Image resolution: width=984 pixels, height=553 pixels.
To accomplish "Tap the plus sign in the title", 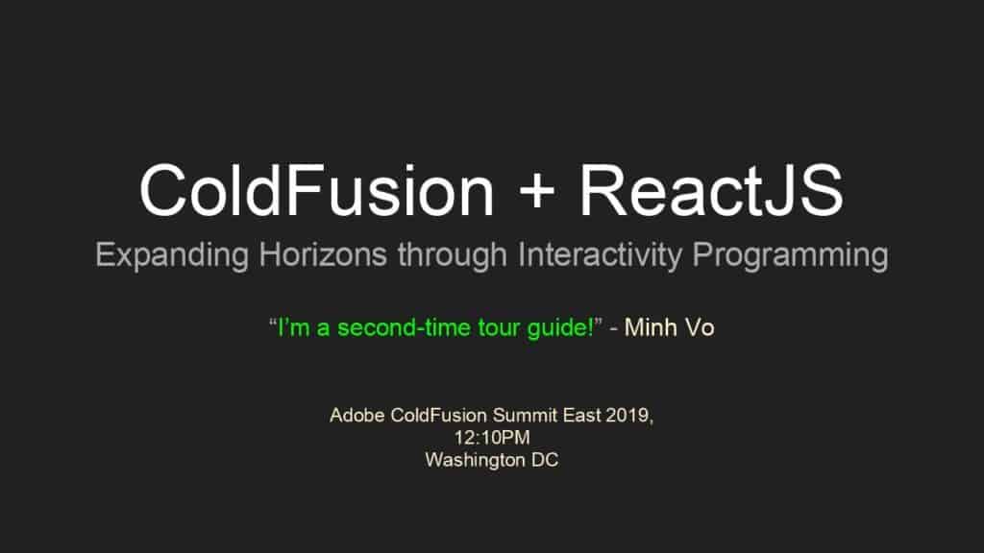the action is (x=537, y=191).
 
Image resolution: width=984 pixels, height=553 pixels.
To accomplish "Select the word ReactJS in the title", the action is (x=711, y=190).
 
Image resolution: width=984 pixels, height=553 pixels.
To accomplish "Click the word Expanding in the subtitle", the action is (x=172, y=255).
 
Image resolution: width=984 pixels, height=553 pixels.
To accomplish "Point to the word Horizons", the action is (x=323, y=254).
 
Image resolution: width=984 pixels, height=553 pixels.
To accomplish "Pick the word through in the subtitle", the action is (x=452, y=255).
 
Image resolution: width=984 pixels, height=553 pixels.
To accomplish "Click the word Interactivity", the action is (x=600, y=255).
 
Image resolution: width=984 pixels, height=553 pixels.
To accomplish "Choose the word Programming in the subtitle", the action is (x=790, y=255).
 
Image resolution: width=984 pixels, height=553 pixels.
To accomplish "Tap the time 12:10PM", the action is (x=492, y=438).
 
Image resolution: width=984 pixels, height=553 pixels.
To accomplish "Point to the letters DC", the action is (x=545, y=460).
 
